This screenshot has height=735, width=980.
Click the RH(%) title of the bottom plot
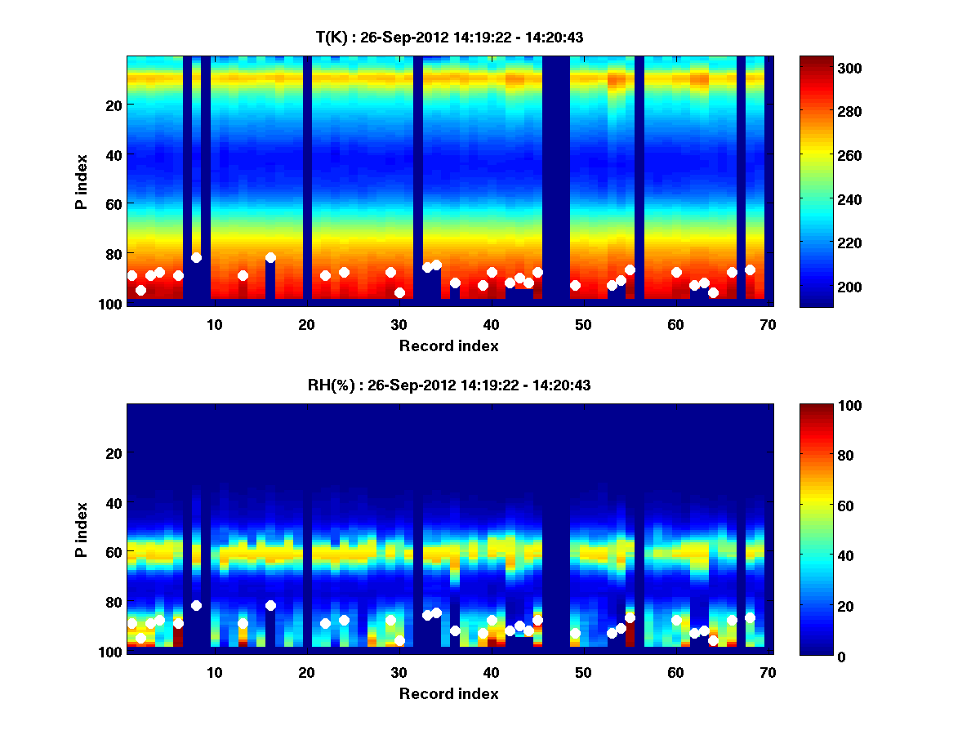[x=444, y=385]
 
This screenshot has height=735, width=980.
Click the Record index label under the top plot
[x=448, y=345]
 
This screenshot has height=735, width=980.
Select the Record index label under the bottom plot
[x=448, y=693]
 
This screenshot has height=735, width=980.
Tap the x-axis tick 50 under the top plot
[x=583, y=324]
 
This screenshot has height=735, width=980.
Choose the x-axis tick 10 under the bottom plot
[x=214, y=672]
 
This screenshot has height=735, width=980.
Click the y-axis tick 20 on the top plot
[x=113, y=105]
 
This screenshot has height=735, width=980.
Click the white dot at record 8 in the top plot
[x=196, y=257]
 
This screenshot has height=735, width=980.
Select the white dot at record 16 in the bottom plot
[x=270, y=605]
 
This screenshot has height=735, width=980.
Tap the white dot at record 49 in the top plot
[x=575, y=285]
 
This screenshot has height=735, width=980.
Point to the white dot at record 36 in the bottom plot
[x=455, y=630]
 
